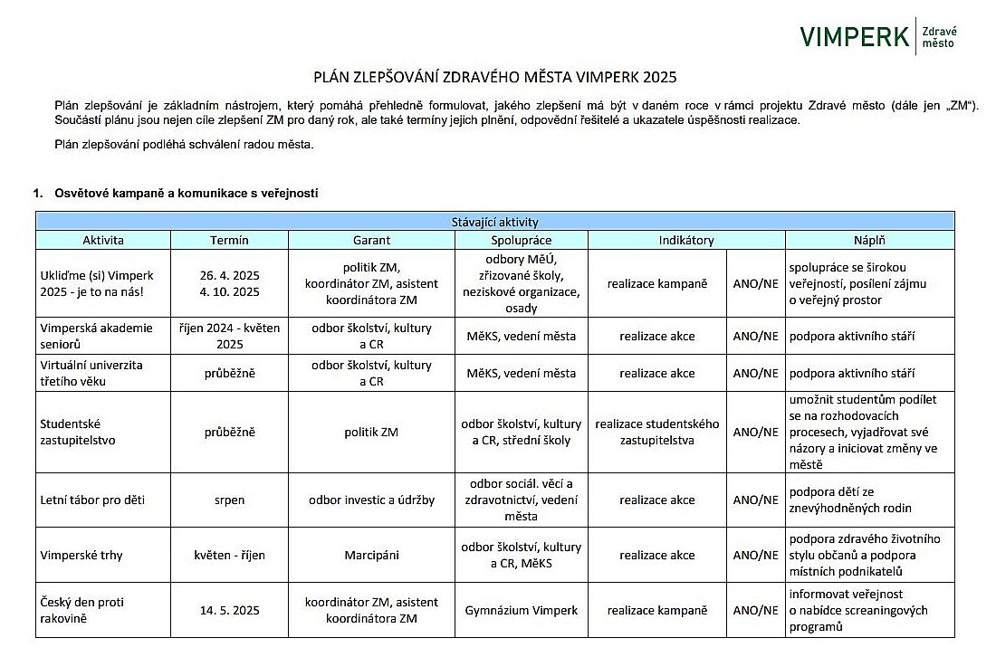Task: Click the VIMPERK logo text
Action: click(x=854, y=36)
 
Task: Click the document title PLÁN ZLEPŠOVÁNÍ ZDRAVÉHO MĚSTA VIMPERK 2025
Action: click(x=495, y=78)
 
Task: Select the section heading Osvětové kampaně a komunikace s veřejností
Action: click(x=186, y=193)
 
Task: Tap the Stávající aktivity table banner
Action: click(x=495, y=221)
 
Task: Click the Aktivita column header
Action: click(x=103, y=240)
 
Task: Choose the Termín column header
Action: click(x=229, y=240)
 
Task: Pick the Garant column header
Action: click(x=371, y=240)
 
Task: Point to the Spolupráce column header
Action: click(x=521, y=240)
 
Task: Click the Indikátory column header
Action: click(x=685, y=240)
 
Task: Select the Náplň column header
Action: click(x=869, y=240)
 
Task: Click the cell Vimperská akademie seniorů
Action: click(x=97, y=336)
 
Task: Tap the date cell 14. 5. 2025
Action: click(x=229, y=610)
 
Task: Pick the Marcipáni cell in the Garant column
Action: click(x=371, y=555)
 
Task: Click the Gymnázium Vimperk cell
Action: click(x=521, y=610)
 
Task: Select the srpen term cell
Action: click(x=229, y=500)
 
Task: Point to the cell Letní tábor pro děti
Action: click(x=92, y=500)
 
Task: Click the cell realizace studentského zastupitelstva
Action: click(x=657, y=432)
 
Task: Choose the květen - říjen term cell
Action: click(x=229, y=555)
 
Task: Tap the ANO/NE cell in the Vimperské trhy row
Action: click(x=755, y=555)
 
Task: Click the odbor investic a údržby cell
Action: click(x=371, y=500)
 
